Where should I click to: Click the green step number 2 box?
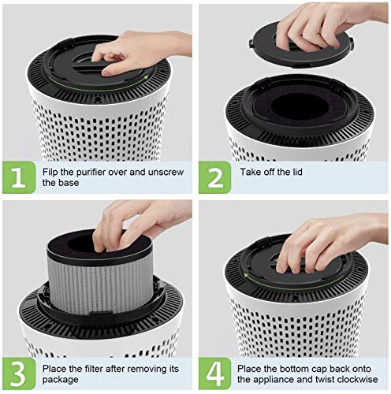tap(215, 177)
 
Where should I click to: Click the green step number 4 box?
tap(215, 373)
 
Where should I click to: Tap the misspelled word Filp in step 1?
tap(52, 171)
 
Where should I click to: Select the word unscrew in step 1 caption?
tap(162, 171)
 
